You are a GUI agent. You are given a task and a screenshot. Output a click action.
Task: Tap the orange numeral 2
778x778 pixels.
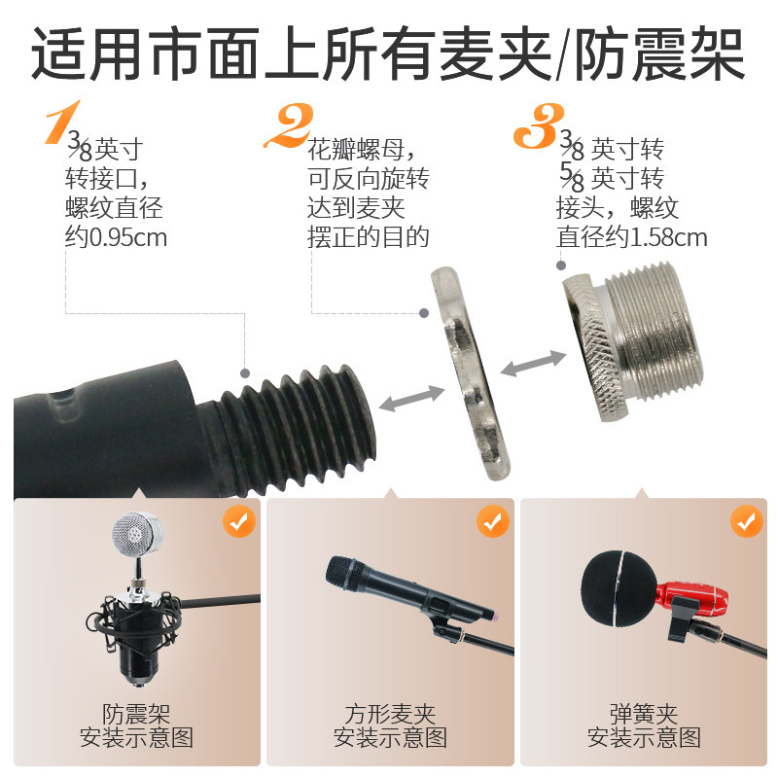(x=289, y=125)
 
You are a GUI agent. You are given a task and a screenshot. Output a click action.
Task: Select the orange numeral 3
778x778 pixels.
(x=539, y=126)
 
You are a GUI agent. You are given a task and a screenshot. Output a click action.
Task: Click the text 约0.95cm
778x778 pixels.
(x=116, y=237)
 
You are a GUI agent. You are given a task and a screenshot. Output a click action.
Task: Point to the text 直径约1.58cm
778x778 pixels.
(x=631, y=237)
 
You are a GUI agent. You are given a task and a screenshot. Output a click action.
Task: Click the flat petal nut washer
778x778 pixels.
(x=470, y=373)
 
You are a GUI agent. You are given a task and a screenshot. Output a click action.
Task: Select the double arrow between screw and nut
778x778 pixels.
(x=412, y=399)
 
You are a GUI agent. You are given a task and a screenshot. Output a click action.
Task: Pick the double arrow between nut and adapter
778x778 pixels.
(x=533, y=363)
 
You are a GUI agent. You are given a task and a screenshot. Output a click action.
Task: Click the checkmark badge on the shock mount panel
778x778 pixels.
(x=239, y=521)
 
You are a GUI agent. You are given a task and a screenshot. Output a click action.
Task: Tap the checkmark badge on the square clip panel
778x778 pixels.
(x=493, y=521)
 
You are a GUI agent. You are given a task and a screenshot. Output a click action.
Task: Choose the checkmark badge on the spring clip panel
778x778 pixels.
(x=747, y=521)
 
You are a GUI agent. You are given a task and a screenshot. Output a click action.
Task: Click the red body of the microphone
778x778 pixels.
(x=693, y=598)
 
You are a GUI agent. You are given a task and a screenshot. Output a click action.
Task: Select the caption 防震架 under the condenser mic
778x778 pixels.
(x=136, y=715)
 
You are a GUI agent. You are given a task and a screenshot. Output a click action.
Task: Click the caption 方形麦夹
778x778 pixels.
(x=390, y=715)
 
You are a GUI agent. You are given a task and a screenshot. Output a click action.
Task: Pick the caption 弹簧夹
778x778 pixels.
(x=644, y=715)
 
